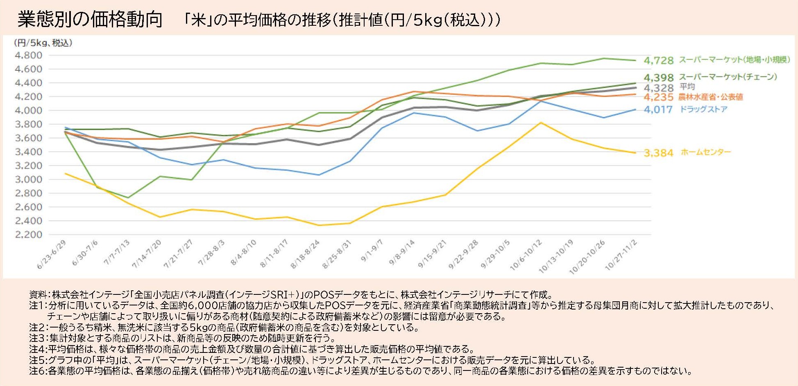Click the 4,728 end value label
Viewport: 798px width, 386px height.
point(658,61)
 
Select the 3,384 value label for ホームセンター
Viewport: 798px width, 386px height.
point(658,153)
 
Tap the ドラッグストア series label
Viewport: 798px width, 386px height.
point(703,109)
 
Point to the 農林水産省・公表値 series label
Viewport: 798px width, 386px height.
point(710,97)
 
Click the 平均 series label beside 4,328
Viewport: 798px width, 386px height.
point(687,87)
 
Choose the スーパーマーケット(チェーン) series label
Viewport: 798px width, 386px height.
point(728,77)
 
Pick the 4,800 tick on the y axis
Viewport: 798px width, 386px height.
point(28,55)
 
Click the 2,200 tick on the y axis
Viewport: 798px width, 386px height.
point(28,235)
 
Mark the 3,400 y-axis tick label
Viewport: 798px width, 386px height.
point(28,152)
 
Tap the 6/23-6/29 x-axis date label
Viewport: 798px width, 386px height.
point(51,254)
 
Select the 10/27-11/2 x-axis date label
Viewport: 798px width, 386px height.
point(621,255)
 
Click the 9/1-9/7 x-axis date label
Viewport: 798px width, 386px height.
point(372,251)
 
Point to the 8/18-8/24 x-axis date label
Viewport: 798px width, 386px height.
point(305,254)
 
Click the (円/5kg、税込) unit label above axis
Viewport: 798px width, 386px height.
point(43,43)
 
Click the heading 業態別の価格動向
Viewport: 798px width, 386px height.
point(90,20)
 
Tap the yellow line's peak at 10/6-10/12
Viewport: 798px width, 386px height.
point(541,123)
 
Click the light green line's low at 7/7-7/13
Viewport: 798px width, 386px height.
point(128,198)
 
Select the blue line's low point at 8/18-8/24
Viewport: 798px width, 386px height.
point(319,175)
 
